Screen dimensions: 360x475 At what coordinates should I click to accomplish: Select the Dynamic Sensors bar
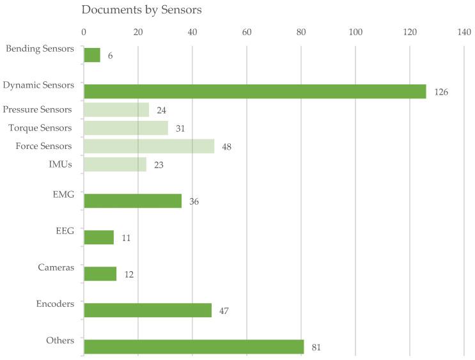click(254, 91)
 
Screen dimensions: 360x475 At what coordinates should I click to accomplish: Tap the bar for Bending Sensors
click(92, 55)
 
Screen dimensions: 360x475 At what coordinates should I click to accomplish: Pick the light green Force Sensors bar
click(149, 146)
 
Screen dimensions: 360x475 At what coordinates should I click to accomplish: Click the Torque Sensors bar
click(126, 128)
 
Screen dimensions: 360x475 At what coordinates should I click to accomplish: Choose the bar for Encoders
click(148, 310)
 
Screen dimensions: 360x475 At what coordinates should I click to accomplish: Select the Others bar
click(194, 347)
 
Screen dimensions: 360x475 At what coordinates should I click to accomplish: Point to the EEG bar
click(99, 237)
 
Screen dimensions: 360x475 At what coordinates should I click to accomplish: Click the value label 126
click(441, 92)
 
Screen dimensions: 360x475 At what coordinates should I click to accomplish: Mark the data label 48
click(226, 147)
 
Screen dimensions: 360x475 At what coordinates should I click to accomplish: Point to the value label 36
click(194, 201)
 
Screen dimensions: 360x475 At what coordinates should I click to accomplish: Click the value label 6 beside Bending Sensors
click(111, 56)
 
